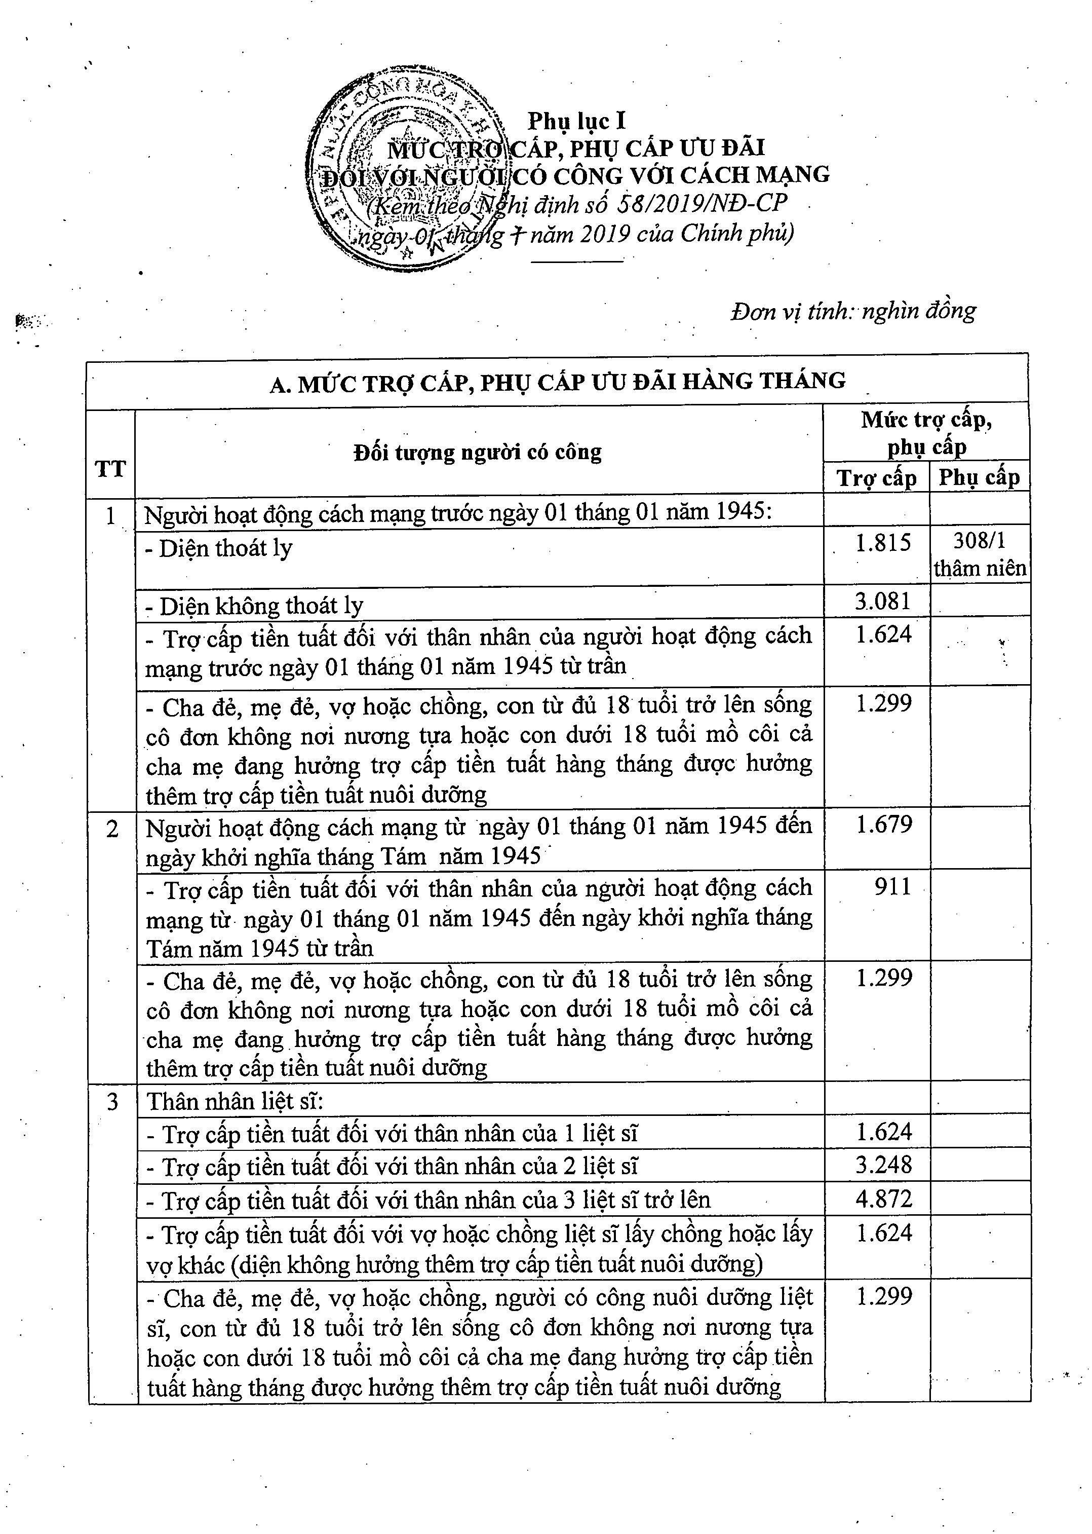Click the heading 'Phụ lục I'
[x=576, y=121]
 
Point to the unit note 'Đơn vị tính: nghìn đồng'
[x=852, y=311]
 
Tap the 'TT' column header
[x=110, y=468]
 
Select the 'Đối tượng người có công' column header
[x=478, y=452]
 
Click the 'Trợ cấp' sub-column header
[x=876, y=478]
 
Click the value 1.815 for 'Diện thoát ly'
[x=883, y=542]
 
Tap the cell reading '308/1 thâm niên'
[x=980, y=555]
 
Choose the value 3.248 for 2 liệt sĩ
[x=883, y=1165]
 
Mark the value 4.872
[x=883, y=1199]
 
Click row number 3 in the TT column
[x=112, y=1101]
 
